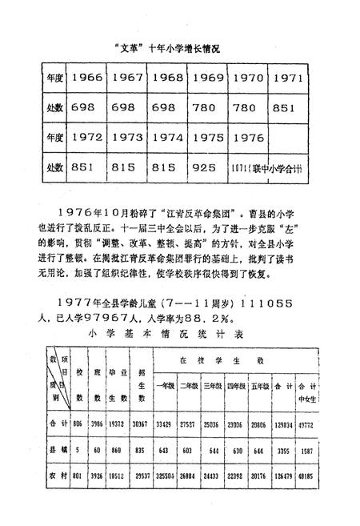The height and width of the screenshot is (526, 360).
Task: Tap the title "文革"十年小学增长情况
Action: (x=168, y=48)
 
